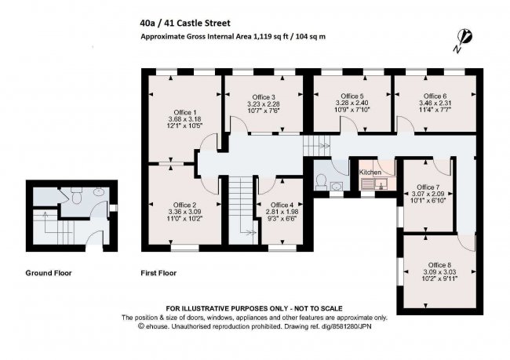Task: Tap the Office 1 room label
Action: coord(184,111)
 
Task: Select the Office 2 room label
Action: coord(184,204)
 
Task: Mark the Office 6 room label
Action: coord(435,96)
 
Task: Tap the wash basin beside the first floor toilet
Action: coord(336,187)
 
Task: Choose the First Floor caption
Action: coord(159,274)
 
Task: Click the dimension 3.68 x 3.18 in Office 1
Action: coord(184,118)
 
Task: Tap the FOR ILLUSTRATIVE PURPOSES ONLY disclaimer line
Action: coord(254,307)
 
